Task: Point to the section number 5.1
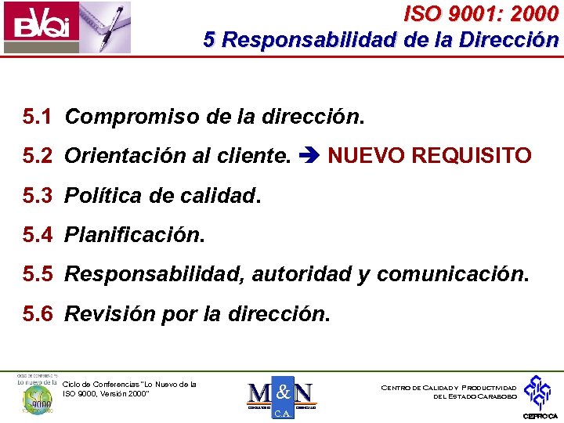coord(38,117)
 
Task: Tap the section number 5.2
coord(38,157)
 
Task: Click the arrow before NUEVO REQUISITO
coord(309,157)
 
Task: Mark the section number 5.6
coord(38,314)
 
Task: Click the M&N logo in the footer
coord(280,396)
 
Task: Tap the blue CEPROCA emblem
coord(538,392)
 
